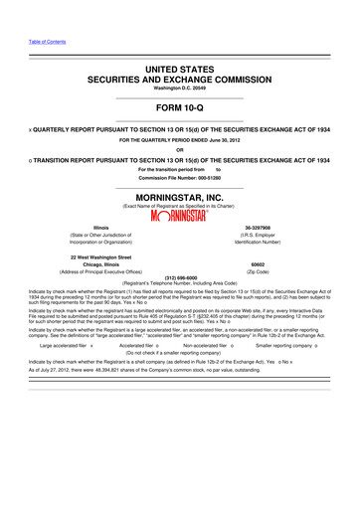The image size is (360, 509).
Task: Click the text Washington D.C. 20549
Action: pyautogui.click(x=179, y=87)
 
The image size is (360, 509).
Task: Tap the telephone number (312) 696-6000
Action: pyautogui.click(x=179, y=278)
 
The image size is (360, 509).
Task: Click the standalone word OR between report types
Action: pyautogui.click(x=179, y=149)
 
